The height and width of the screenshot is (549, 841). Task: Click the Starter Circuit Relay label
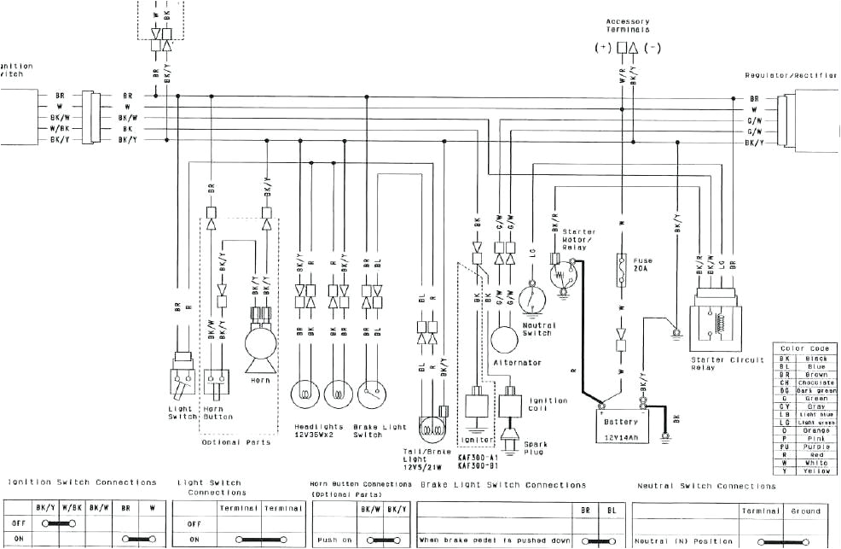[722, 365]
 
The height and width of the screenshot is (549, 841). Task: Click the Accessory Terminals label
[627, 26]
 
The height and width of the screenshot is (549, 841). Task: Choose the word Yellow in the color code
[815, 470]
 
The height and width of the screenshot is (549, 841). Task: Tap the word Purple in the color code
[815, 447]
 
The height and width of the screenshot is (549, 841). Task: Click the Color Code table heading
[803, 348]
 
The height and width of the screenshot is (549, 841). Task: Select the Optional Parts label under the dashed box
[236, 442]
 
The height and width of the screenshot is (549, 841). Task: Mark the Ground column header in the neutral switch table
[806, 511]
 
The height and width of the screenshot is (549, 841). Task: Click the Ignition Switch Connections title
[82, 483]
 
